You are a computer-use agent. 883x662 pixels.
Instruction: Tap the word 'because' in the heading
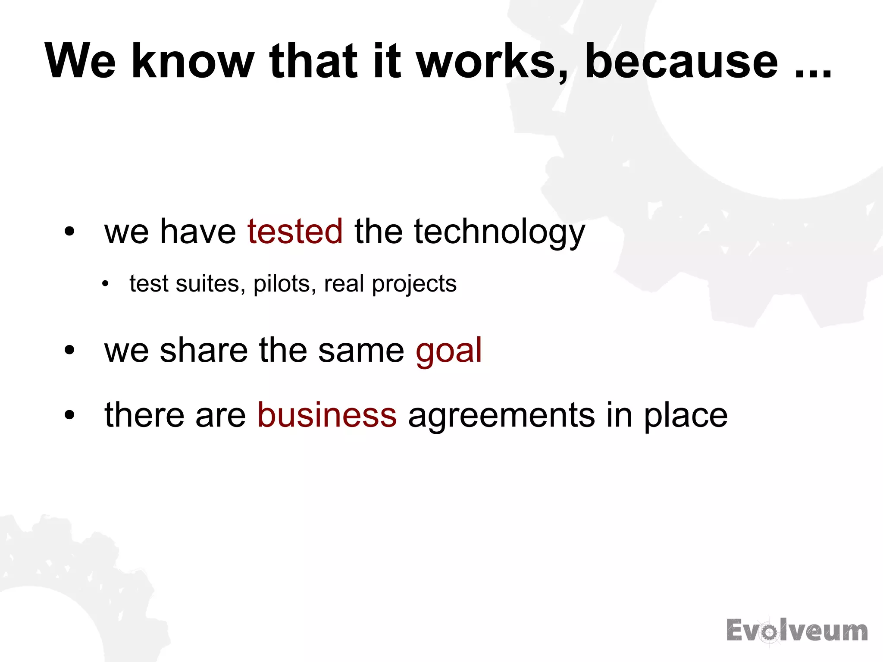coord(681,61)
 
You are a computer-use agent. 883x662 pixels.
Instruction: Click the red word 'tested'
coord(295,231)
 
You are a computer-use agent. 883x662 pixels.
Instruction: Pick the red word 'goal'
coord(448,351)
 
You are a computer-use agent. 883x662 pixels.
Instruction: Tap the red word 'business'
coord(327,415)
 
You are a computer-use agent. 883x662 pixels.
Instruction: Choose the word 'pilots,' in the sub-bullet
coord(285,284)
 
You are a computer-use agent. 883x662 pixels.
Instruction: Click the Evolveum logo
coord(797,631)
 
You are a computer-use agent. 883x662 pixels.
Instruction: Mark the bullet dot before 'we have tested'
coord(69,232)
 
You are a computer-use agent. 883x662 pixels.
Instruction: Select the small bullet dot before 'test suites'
coord(105,284)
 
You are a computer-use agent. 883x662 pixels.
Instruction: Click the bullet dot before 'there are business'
coord(69,415)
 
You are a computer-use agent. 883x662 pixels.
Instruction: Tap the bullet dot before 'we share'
coord(69,350)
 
